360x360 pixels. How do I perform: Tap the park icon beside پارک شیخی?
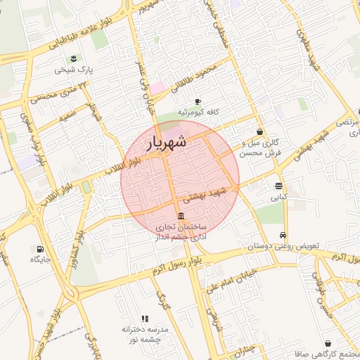75,58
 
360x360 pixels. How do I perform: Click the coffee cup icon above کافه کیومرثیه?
198,101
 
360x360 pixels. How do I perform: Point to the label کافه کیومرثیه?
199,112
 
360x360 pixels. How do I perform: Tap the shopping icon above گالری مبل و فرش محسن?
260,131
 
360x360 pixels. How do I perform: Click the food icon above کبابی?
279,186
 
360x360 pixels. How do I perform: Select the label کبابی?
280,198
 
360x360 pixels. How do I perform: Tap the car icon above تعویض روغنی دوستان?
283,236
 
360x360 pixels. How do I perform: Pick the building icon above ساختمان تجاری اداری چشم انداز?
181,216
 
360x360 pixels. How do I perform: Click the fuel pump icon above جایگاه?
39,248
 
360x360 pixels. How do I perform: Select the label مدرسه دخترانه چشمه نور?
145,334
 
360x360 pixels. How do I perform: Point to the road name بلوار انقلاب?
124,166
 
